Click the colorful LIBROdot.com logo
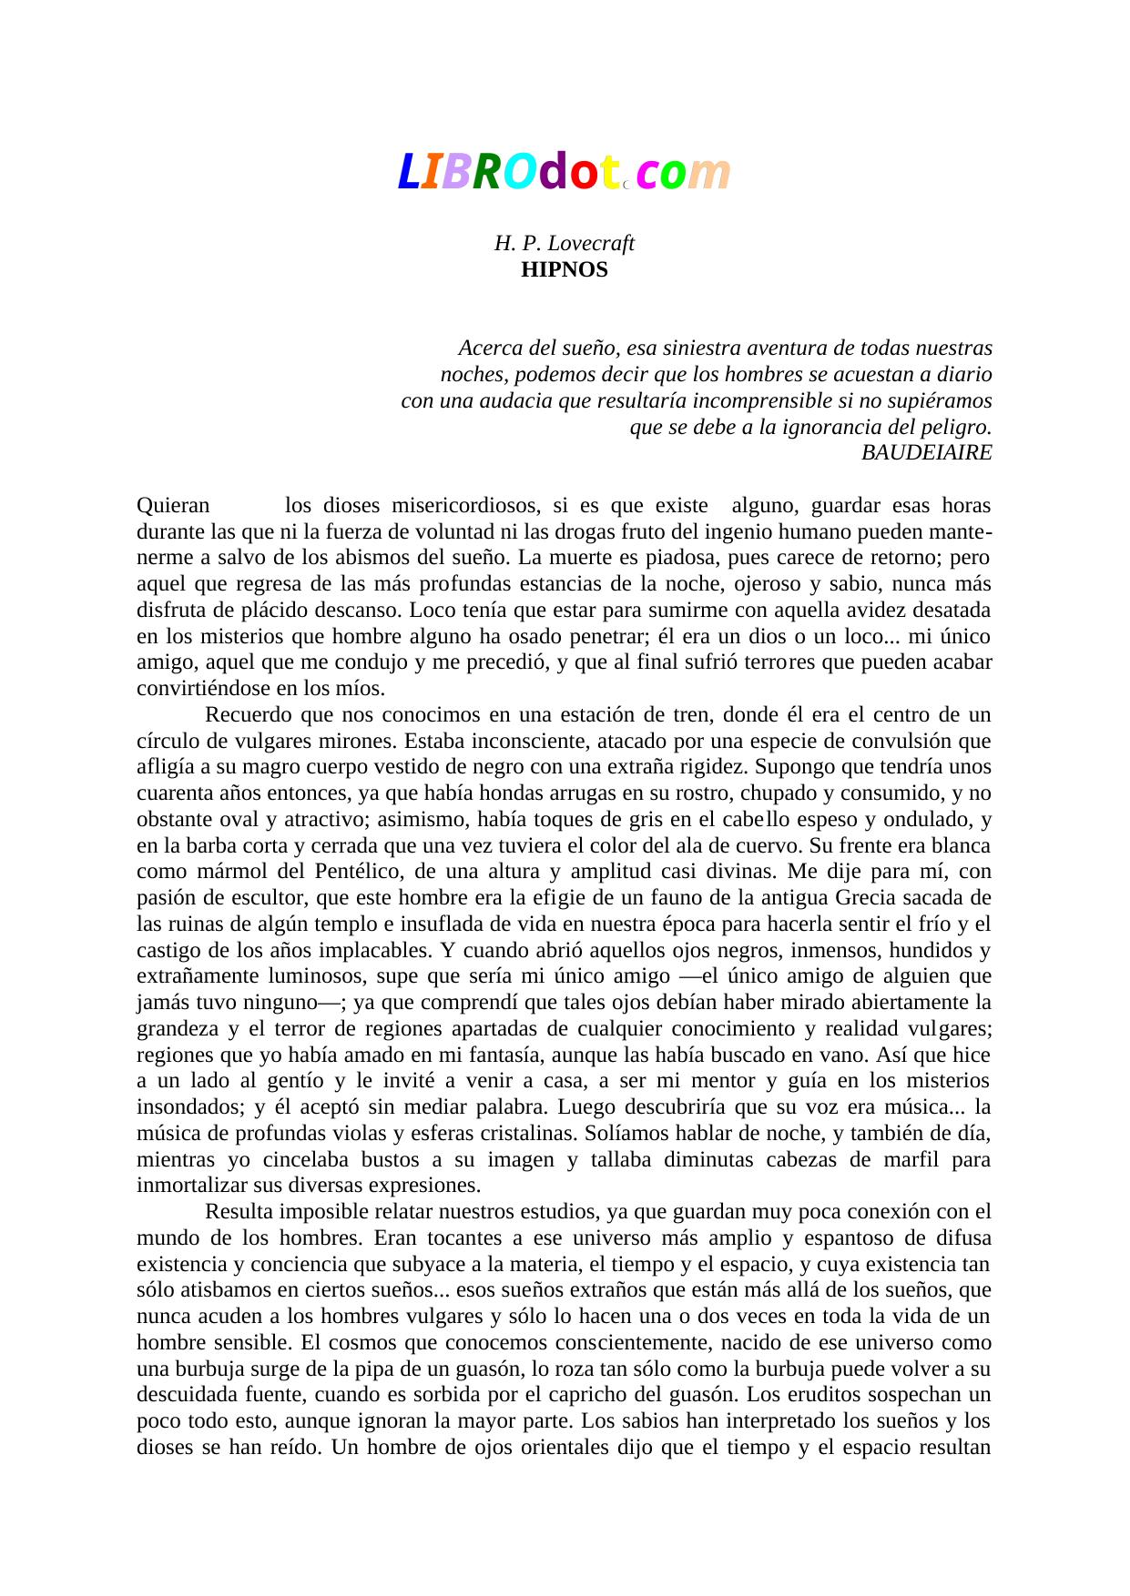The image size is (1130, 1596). pyautogui.click(x=565, y=172)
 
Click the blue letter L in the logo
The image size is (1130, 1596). pyautogui.click(x=408, y=172)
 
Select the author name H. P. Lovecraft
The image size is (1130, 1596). pyautogui.click(x=564, y=244)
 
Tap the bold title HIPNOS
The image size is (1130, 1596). pyautogui.click(x=564, y=270)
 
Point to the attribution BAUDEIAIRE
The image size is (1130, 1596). pyautogui.click(x=926, y=452)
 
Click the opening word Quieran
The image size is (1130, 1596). pyautogui.click(x=173, y=505)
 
